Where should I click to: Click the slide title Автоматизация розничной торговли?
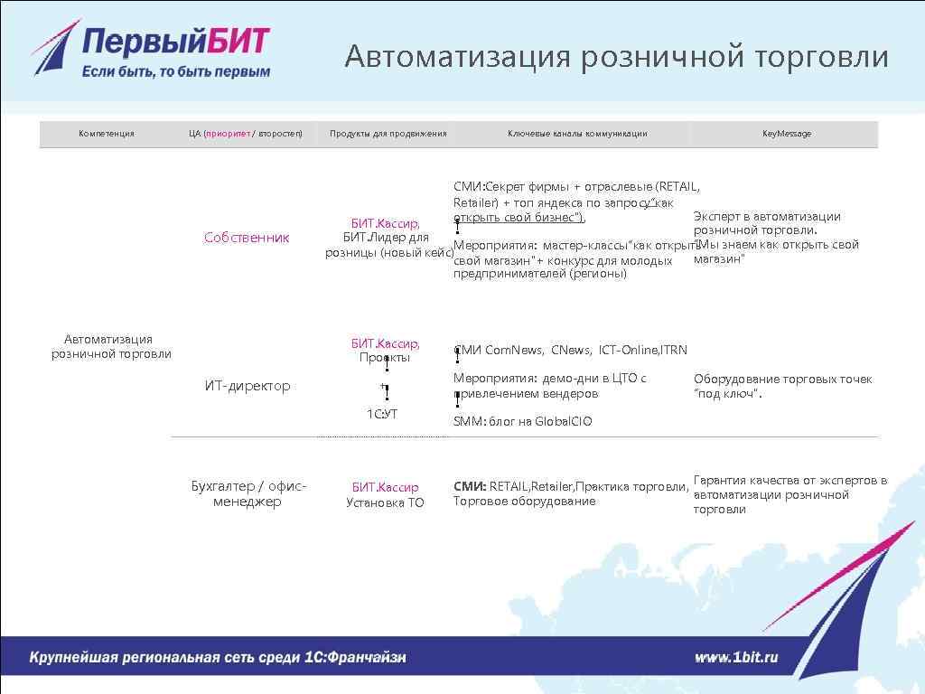pyautogui.click(x=616, y=57)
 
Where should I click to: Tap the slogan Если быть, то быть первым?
pyautogui.click(x=176, y=72)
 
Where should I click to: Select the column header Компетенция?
pyautogui.click(x=106, y=134)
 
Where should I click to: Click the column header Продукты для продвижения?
pyautogui.click(x=388, y=134)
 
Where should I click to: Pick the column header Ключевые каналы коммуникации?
pyautogui.click(x=576, y=134)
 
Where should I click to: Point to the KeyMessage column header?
pyautogui.click(x=786, y=134)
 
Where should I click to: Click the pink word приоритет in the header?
pyautogui.click(x=228, y=134)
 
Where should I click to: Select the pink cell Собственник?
pyautogui.click(x=247, y=238)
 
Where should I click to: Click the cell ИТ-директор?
pyautogui.click(x=247, y=386)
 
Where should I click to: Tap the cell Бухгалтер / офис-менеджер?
pyautogui.click(x=248, y=493)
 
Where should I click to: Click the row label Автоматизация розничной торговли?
pyautogui.click(x=110, y=346)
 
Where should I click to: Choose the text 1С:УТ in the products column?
pyautogui.click(x=381, y=414)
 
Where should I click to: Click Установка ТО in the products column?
pyautogui.click(x=384, y=502)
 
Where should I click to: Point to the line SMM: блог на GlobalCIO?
pyautogui.click(x=522, y=421)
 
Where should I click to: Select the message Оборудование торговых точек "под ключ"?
pyautogui.click(x=782, y=386)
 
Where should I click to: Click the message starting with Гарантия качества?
pyautogui.click(x=790, y=494)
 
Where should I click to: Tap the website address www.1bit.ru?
pyautogui.click(x=735, y=658)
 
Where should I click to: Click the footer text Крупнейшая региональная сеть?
pyautogui.click(x=218, y=658)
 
